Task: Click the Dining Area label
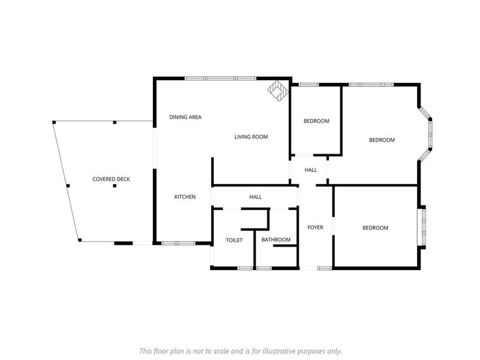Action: [x=185, y=117]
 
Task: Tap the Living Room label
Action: [x=251, y=137]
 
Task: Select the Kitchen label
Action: [x=185, y=197]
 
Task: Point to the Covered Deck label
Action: [x=111, y=179]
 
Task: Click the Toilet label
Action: [x=234, y=241]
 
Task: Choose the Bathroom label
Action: [x=276, y=239]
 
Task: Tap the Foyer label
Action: [x=316, y=227]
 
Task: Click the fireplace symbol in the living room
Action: [x=278, y=91]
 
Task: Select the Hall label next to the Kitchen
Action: [x=256, y=197]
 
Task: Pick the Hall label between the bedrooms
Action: [x=311, y=170]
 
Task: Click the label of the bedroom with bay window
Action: [x=382, y=140]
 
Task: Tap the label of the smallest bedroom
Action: [x=316, y=121]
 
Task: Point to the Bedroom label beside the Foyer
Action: [x=376, y=228]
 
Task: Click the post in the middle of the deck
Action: [x=115, y=185]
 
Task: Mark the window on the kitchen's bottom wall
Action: [x=178, y=244]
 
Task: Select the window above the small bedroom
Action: [x=308, y=85]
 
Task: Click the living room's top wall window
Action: [x=220, y=79]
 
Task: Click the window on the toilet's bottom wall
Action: [x=245, y=268]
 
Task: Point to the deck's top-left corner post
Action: [x=54, y=122]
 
